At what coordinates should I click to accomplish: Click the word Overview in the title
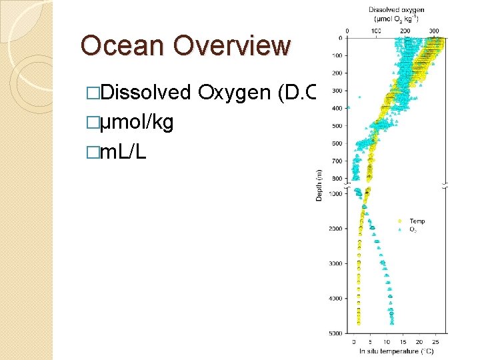pos(231,46)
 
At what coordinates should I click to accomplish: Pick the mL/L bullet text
pos(124,152)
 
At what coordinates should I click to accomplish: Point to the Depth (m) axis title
pos(320,185)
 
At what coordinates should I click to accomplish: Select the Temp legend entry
pos(417,221)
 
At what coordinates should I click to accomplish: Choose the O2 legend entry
pos(414,229)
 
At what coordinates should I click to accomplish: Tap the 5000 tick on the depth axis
pos(335,333)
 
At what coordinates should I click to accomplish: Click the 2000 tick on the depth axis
pos(335,229)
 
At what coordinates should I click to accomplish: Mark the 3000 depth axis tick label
pos(335,263)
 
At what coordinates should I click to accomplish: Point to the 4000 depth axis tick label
pos(335,298)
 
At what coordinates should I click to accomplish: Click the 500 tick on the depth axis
pos(337,125)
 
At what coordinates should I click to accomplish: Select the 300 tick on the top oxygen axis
pos(434,31)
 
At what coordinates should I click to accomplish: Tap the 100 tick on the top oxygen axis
pos(376,31)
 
